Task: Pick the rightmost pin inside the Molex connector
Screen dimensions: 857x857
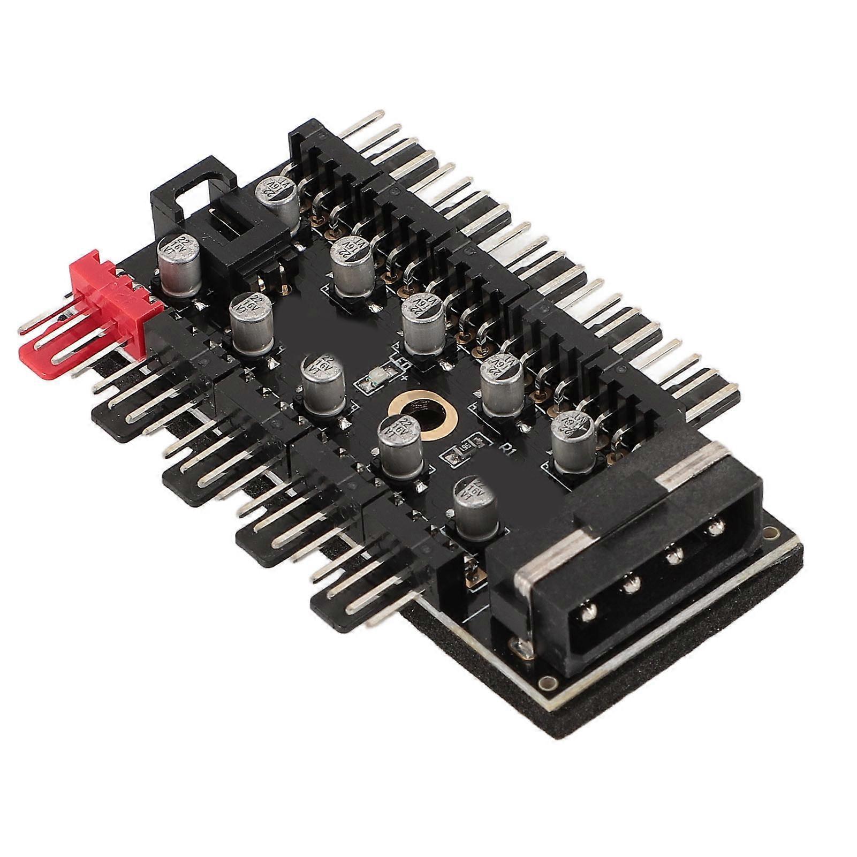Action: point(714,529)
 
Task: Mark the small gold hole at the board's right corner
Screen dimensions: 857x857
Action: point(770,533)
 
